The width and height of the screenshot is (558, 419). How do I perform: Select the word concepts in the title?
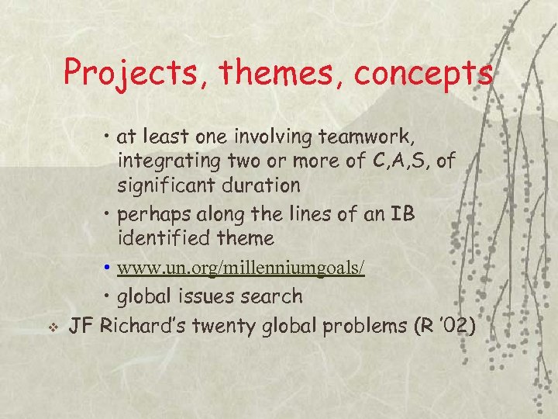pos(424,74)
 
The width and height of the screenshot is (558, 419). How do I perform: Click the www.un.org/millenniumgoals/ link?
pos(240,268)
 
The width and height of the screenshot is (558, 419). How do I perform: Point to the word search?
pos(271,296)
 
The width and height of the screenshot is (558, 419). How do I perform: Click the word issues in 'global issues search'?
pos(205,296)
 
